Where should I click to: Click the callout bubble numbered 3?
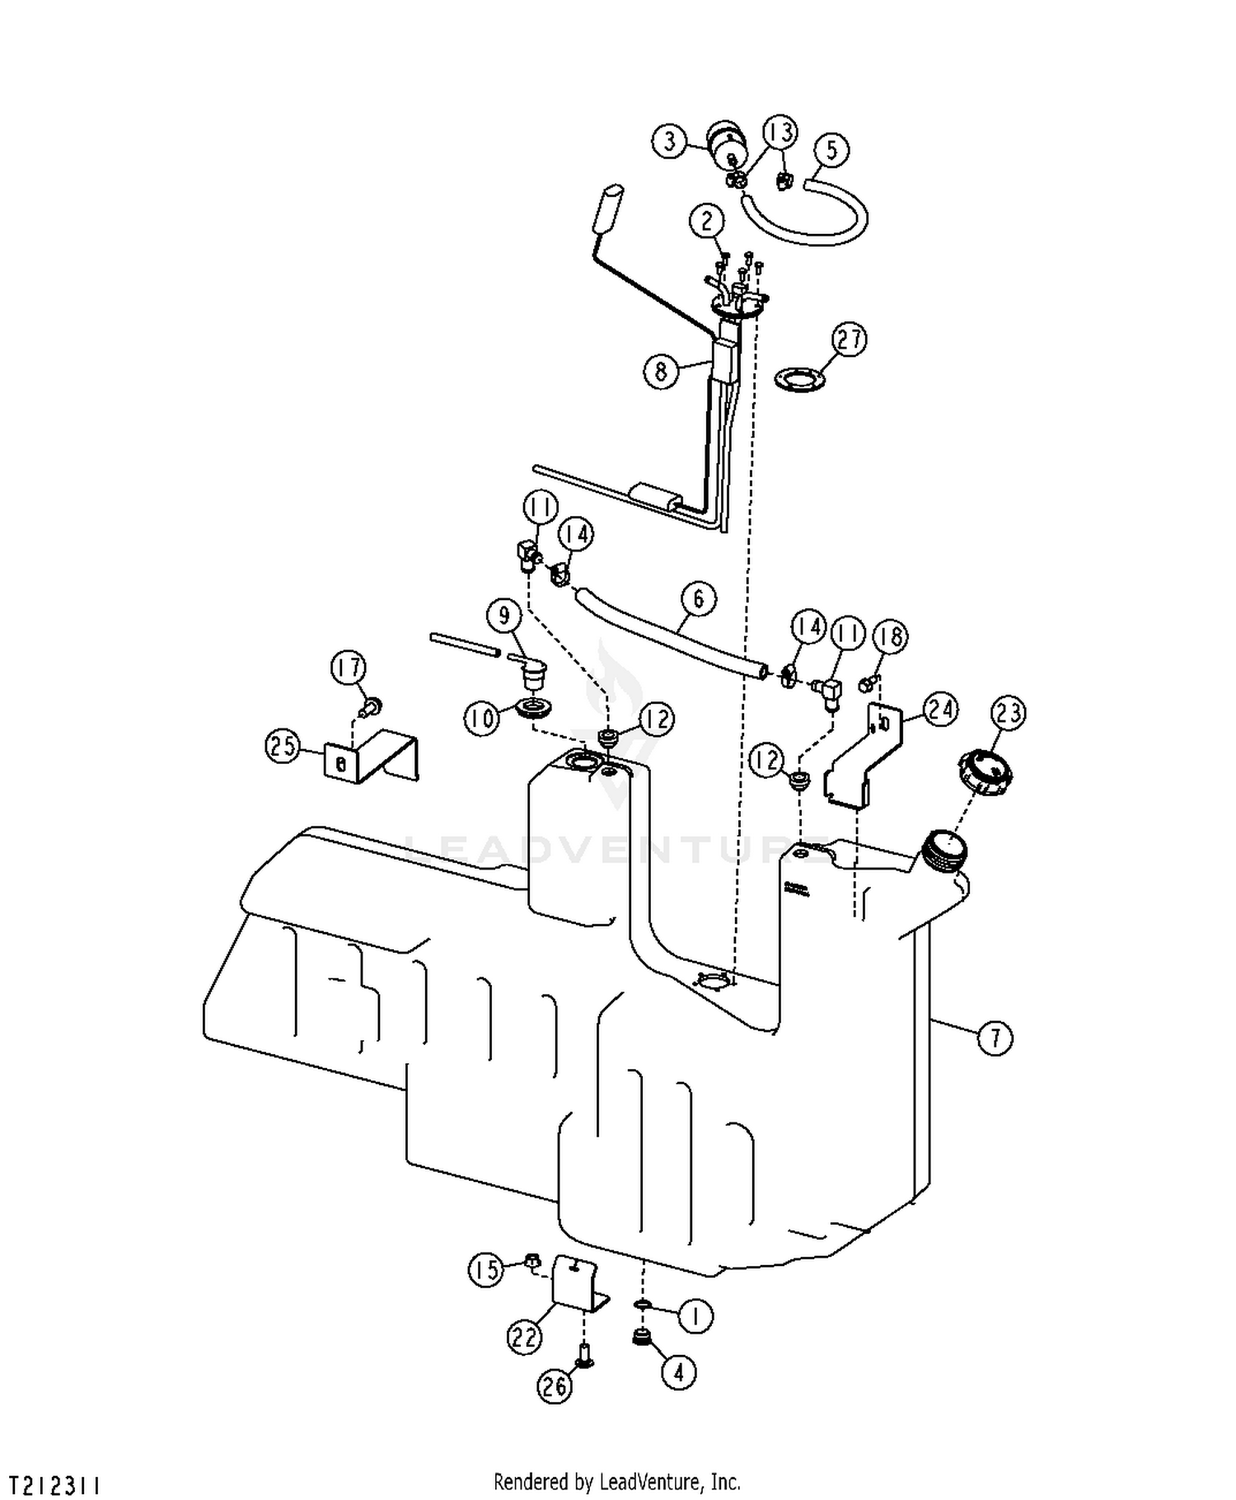[670, 141]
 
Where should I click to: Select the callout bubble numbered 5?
[831, 150]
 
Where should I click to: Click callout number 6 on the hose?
[699, 599]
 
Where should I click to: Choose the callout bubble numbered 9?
[503, 615]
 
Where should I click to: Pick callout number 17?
[349, 667]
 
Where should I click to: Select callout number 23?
[1009, 712]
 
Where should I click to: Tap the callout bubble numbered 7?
[995, 1038]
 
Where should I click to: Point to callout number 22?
[524, 1337]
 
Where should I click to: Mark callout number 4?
[679, 1372]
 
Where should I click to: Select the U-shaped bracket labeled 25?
[371, 757]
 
